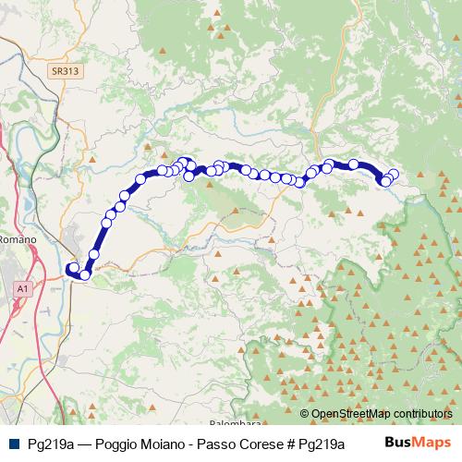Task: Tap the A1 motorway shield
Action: point(22,289)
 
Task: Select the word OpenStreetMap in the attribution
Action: point(351,414)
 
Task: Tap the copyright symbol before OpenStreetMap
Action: point(305,414)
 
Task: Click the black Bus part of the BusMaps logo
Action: point(398,443)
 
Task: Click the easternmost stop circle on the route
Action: point(394,174)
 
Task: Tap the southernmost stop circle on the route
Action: point(85,274)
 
